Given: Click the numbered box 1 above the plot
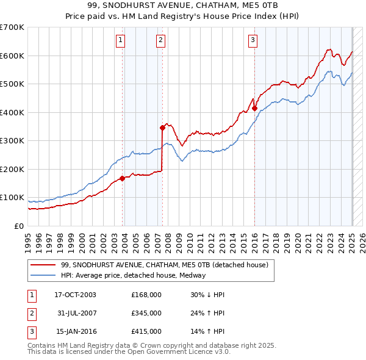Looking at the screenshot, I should (120, 41).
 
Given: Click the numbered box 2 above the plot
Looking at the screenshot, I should (160, 41).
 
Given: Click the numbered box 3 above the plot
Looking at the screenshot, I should (253, 41).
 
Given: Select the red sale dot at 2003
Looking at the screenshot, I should (123, 178).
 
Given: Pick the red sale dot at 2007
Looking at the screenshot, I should (163, 128).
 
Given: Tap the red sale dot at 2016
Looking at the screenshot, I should (255, 109).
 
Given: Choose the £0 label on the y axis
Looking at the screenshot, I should (19, 226).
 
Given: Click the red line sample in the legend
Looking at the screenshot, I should (43, 265).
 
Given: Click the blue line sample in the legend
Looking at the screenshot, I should (43, 275).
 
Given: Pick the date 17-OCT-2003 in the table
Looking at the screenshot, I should (75, 295).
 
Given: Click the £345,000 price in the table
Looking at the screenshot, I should (146, 313).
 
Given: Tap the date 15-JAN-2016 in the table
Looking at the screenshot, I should (75, 332).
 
